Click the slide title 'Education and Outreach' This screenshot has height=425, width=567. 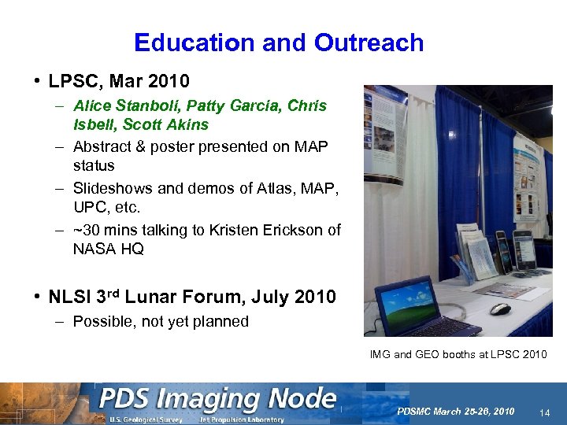coord(279,42)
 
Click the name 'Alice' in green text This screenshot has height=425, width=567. coord(92,105)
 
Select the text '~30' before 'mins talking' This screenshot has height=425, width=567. coord(87,229)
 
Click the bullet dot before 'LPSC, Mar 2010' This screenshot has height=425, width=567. coord(37,81)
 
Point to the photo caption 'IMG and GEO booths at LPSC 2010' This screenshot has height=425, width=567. coord(458,354)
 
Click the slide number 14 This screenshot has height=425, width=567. coord(545,412)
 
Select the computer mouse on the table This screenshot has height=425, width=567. coord(500,309)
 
